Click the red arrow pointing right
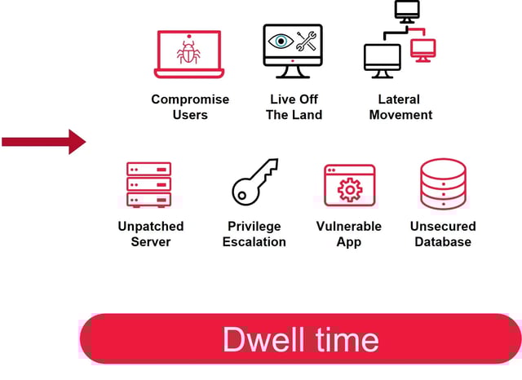(x=45, y=142)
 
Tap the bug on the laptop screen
(x=189, y=53)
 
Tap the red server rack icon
(x=148, y=184)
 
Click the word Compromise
(x=190, y=99)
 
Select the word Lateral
(x=400, y=99)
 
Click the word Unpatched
(x=151, y=226)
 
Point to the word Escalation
(x=254, y=241)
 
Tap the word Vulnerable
(x=349, y=226)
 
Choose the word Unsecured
(x=443, y=226)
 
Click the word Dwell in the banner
(x=260, y=339)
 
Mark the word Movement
(x=400, y=115)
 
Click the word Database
(x=443, y=241)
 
